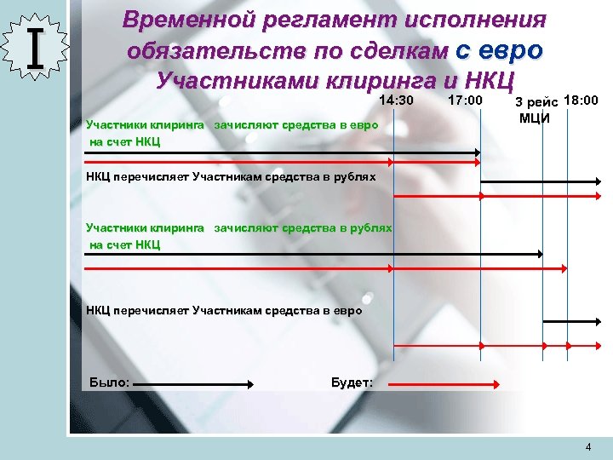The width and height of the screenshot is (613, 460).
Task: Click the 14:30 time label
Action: [396, 101]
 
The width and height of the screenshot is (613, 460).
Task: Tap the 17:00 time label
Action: [465, 101]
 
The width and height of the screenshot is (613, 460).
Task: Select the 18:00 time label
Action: [581, 101]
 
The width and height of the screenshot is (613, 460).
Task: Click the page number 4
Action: [588, 447]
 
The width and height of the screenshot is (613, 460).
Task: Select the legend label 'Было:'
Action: [109, 382]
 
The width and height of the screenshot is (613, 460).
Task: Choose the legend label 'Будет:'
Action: [351, 382]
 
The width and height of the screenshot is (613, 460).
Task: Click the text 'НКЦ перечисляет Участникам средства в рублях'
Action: [231, 177]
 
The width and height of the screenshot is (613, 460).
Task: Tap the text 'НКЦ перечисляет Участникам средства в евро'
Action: [224, 310]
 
